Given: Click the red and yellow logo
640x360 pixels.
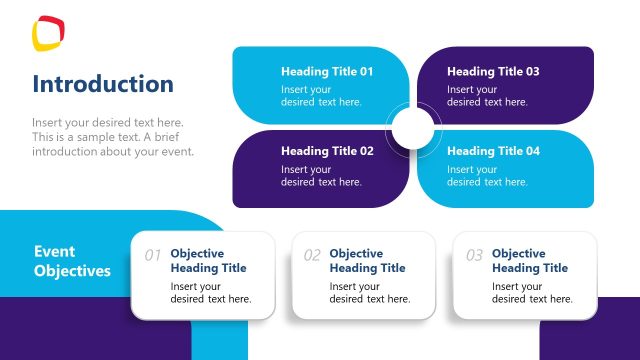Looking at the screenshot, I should (48, 32).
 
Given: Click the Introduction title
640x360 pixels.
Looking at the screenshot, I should (103, 84).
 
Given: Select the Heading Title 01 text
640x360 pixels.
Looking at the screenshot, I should (327, 72).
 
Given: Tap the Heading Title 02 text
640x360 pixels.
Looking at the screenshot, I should (327, 152).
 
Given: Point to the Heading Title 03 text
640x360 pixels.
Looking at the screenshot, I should (493, 72).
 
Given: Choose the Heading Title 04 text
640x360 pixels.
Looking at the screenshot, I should (493, 152).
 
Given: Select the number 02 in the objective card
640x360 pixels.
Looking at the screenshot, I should (312, 256).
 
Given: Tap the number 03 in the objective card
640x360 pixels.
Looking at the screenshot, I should (474, 256).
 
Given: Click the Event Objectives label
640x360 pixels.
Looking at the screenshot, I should (72, 262).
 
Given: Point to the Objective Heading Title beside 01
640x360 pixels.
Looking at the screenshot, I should (208, 261).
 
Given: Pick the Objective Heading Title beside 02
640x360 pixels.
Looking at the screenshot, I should (367, 261).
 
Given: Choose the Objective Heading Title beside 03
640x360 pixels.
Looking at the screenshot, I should (529, 261).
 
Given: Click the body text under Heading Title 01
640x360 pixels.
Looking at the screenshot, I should (321, 96).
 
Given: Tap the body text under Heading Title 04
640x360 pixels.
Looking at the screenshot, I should (487, 176).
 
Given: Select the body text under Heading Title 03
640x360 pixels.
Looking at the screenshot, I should (487, 96).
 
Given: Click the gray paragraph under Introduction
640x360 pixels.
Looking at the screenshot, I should (112, 137).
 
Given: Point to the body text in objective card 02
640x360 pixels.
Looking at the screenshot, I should (369, 293).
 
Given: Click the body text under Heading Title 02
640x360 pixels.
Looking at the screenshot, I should (321, 176).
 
